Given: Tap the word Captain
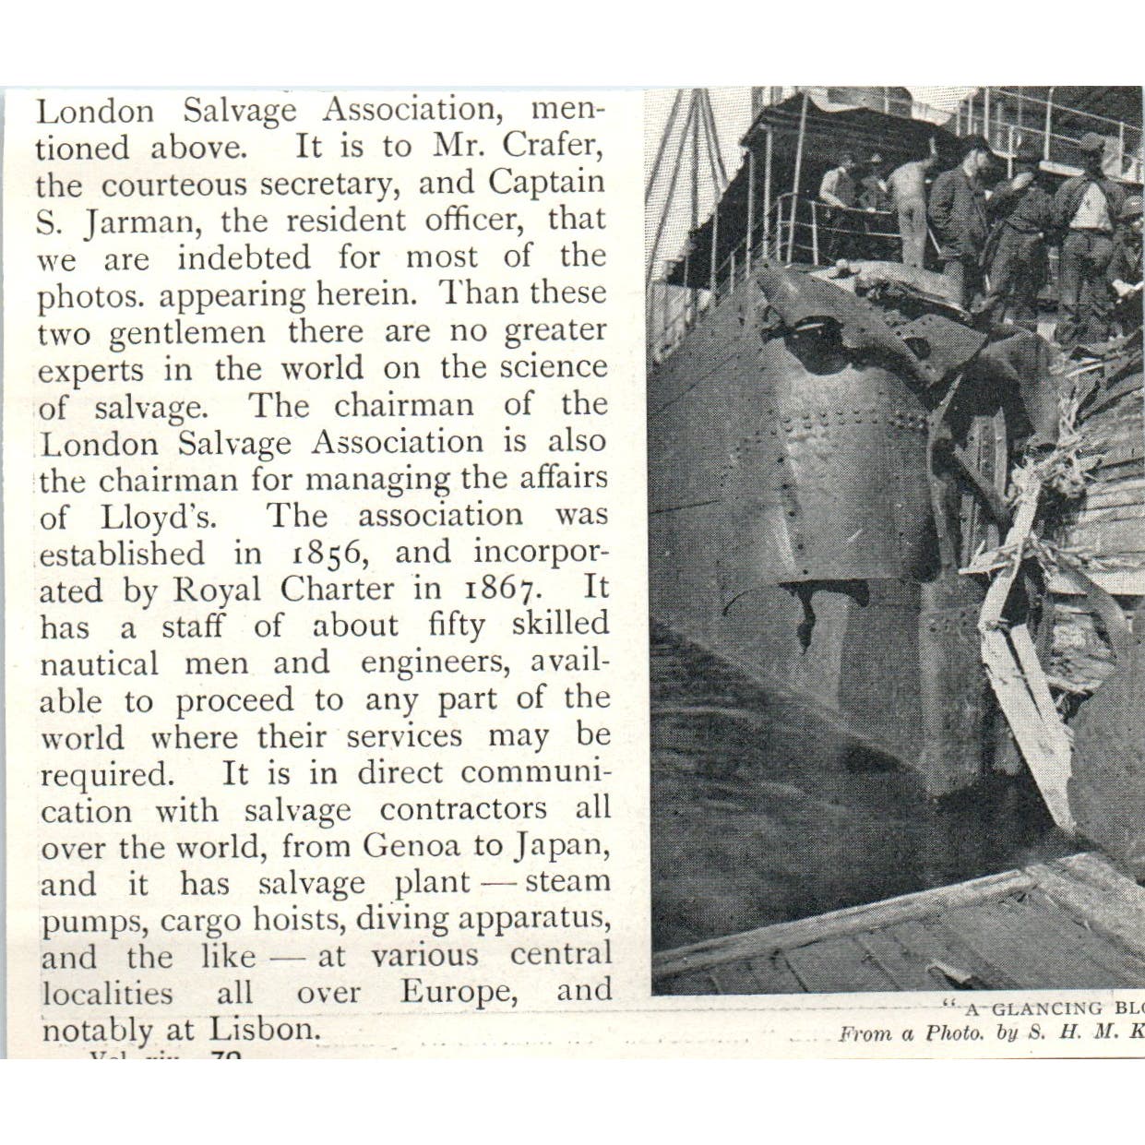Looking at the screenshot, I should point(546,183).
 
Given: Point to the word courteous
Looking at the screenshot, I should point(174,185).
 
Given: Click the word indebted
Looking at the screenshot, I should point(244,257).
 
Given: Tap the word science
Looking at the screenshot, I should point(553,367).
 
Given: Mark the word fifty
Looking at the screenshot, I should point(457,626).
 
